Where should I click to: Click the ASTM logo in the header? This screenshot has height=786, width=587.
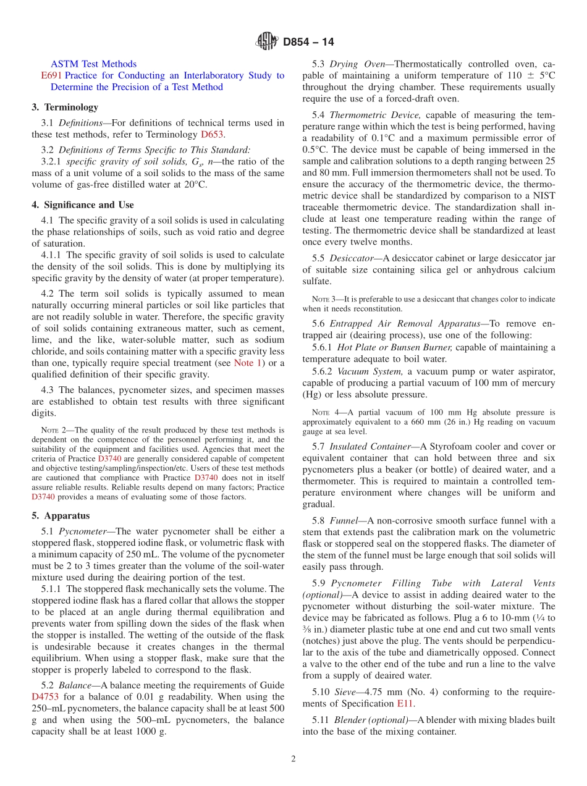(x=268, y=42)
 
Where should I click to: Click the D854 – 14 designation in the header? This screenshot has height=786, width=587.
(x=308, y=42)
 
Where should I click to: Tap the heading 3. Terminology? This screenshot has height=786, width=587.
(x=65, y=107)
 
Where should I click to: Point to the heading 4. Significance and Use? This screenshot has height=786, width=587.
(x=83, y=205)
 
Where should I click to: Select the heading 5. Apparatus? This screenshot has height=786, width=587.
(x=61, y=515)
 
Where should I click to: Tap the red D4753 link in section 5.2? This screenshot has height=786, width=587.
(x=44, y=696)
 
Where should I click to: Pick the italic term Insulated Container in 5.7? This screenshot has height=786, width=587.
(x=370, y=446)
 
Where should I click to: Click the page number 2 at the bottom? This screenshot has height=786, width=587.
(x=293, y=759)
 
